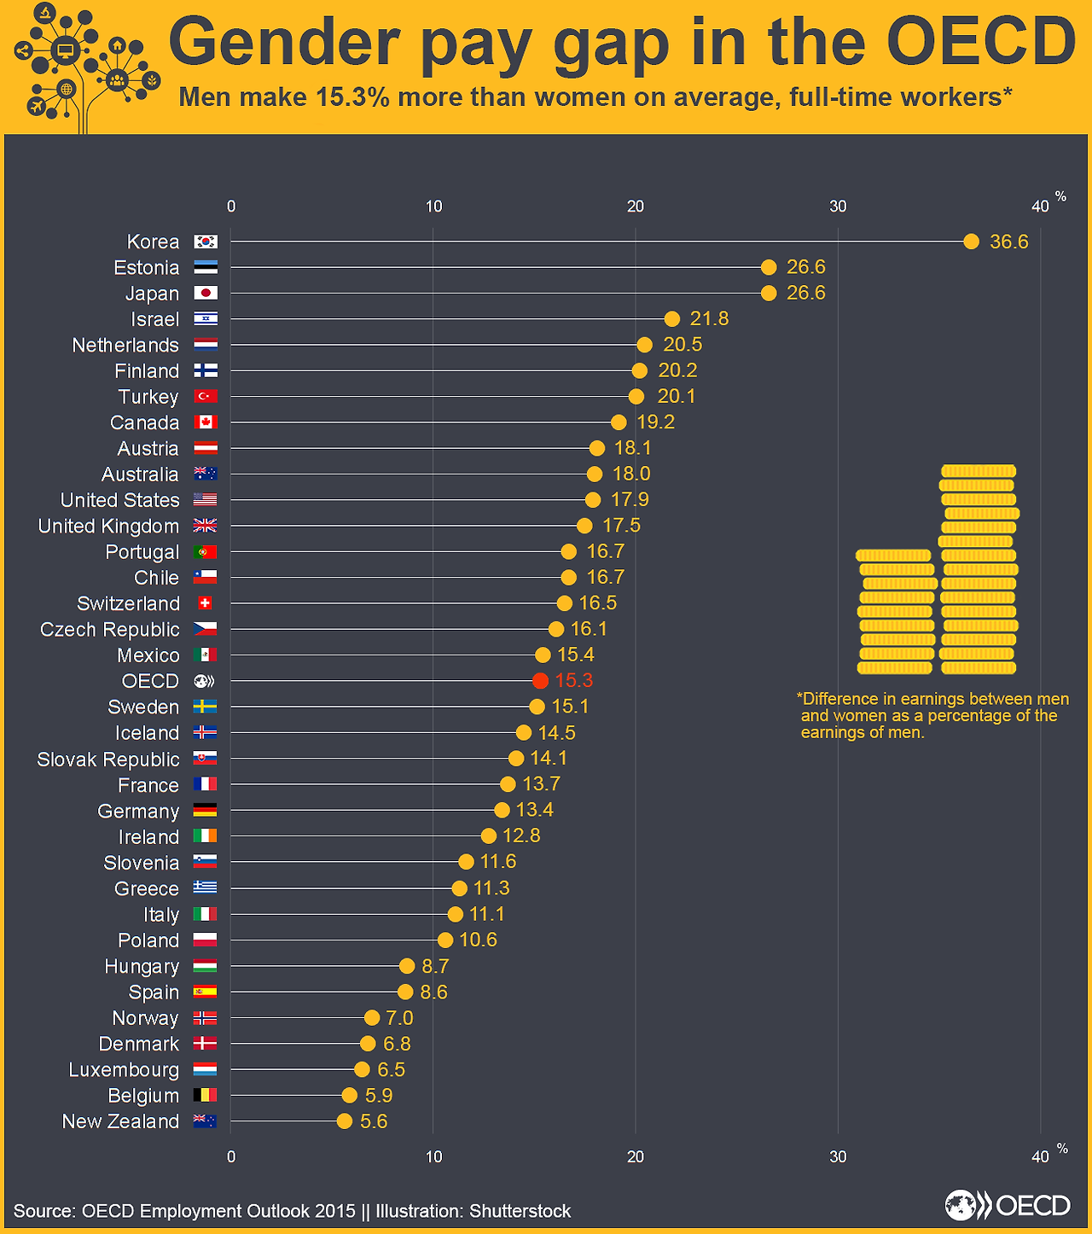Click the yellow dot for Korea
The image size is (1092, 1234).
pyautogui.click(x=971, y=242)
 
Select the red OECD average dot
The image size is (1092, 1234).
pyautogui.click(x=539, y=681)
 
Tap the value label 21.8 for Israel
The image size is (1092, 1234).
pyautogui.click(x=709, y=318)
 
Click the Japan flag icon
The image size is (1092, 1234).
pyautogui.click(x=205, y=293)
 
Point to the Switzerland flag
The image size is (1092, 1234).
pyautogui.click(x=205, y=603)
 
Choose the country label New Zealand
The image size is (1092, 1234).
pyautogui.click(x=120, y=1121)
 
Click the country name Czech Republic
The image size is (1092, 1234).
pyautogui.click(x=110, y=629)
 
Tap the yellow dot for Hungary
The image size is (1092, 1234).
pyautogui.click(x=407, y=966)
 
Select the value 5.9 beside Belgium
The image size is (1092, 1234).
pyautogui.click(x=379, y=1095)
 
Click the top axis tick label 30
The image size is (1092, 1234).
pyautogui.click(x=838, y=206)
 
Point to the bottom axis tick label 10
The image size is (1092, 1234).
pyautogui.click(x=433, y=1156)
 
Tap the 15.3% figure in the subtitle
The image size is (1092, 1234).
pyautogui.click(x=352, y=97)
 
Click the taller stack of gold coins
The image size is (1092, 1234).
pyautogui.click(x=979, y=569)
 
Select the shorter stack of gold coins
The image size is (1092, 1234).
pyautogui.click(x=896, y=611)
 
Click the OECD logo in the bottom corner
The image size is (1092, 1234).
pyautogui.click(x=1008, y=1205)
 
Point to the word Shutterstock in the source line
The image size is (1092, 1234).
pyautogui.click(x=520, y=1211)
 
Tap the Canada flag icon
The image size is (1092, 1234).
pyautogui.click(x=205, y=422)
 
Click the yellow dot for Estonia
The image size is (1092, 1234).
pyautogui.click(x=769, y=267)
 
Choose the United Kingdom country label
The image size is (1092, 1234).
pyautogui.click(x=108, y=526)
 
